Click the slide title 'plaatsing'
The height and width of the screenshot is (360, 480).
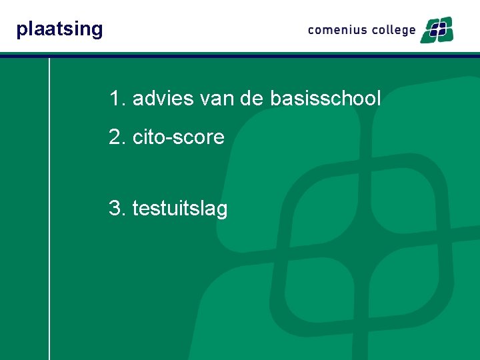(x=59, y=29)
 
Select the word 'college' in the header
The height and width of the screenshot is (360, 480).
(x=391, y=30)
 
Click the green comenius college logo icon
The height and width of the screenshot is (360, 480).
(x=437, y=29)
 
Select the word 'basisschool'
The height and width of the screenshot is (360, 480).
(x=325, y=99)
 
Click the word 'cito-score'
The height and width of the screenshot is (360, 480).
(x=178, y=137)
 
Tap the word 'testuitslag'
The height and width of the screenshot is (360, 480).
(x=180, y=209)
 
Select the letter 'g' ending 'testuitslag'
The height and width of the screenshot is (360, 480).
(x=222, y=211)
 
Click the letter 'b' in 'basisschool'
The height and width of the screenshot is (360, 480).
(x=275, y=99)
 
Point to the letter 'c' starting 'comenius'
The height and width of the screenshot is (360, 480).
(x=311, y=31)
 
